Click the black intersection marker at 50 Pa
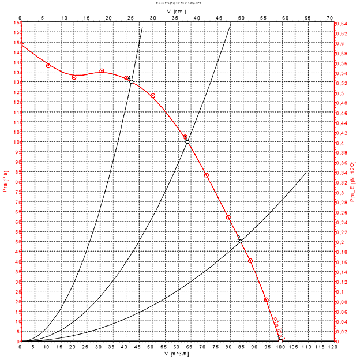pyautogui.click(x=241, y=242)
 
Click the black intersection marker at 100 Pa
pyautogui.click(x=187, y=142)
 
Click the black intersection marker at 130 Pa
pyautogui.click(x=132, y=82)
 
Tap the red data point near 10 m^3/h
pyautogui.click(x=48, y=66)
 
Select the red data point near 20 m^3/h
pyautogui.click(x=74, y=77)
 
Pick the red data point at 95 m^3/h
pyautogui.click(x=267, y=300)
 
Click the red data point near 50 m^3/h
pyautogui.click(x=153, y=96)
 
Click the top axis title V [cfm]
pyautogui.click(x=175, y=10)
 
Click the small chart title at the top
pyautogui.click(x=175, y=3)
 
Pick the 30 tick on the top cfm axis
pyautogui.click(x=153, y=18)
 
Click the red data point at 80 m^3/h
pyautogui.click(x=228, y=217)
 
